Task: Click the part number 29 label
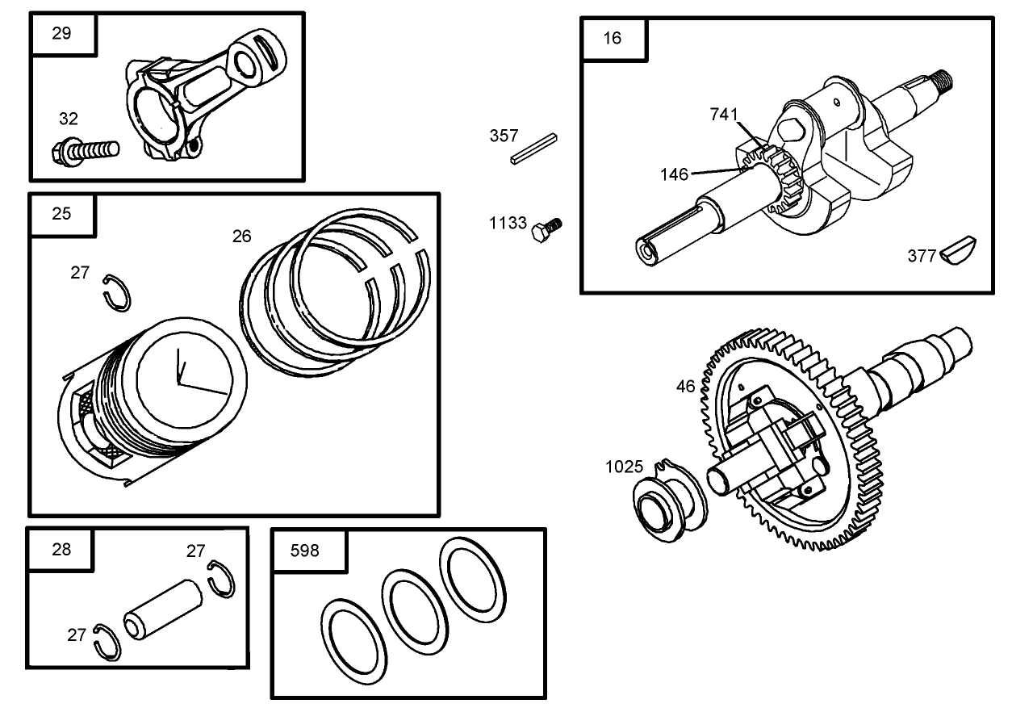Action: [61, 33]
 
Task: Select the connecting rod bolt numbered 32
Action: [86, 151]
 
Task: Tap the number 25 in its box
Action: [61, 214]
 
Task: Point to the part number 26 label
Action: [242, 236]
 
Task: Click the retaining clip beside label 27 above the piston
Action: [116, 293]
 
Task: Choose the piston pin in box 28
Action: [163, 609]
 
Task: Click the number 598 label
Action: [304, 551]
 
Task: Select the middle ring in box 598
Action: [415, 612]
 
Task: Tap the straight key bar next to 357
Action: [534, 149]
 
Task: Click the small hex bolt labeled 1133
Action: [546, 230]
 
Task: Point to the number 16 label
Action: [613, 38]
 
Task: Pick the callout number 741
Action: [724, 115]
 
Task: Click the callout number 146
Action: [674, 174]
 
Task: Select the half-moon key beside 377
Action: [958, 249]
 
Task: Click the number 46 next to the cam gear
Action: [685, 386]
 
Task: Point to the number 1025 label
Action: [624, 467]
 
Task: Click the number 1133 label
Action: [508, 223]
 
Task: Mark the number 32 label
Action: [69, 119]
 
